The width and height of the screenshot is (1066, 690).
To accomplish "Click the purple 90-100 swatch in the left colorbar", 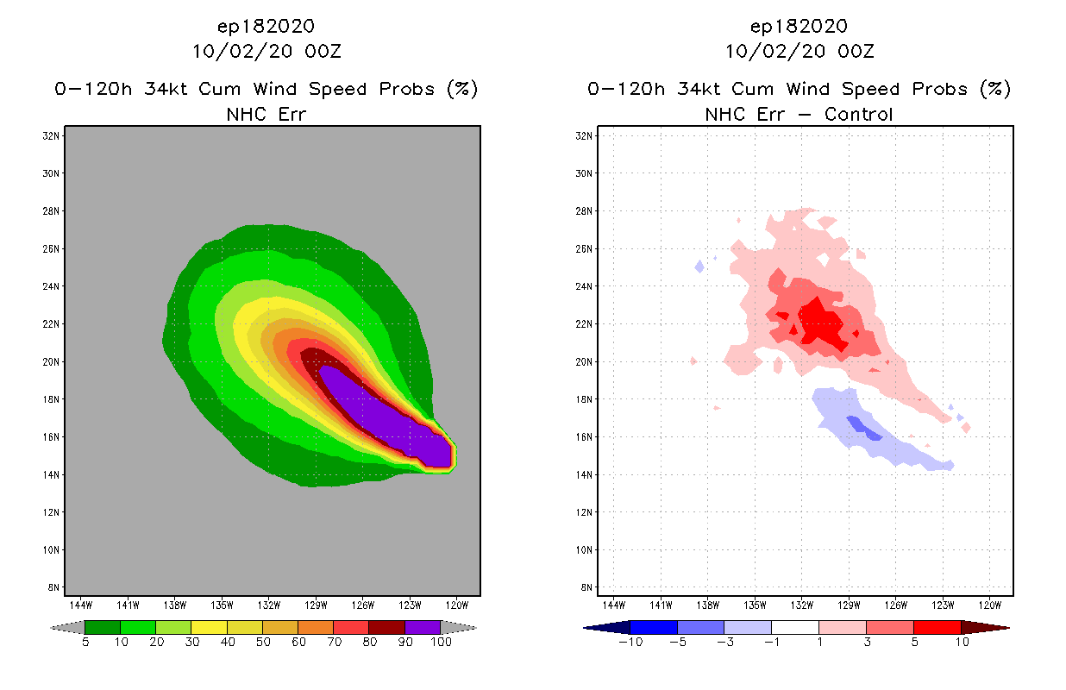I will (x=423, y=627).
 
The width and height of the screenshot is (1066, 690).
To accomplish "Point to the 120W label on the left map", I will (x=457, y=605).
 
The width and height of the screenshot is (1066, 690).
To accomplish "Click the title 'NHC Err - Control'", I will (x=799, y=114).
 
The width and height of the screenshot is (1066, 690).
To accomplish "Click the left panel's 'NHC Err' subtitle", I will (x=266, y=114).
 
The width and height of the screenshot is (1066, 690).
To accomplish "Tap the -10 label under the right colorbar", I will (x=630, y=642).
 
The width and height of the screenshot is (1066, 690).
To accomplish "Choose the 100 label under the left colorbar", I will (x=440, y=642).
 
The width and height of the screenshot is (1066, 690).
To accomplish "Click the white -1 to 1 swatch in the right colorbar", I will (x=794, y=627).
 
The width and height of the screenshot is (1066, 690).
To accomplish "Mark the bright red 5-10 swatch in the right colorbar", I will (x=937, y=627).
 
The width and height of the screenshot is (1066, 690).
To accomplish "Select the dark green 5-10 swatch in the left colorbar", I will (x=103, y=627).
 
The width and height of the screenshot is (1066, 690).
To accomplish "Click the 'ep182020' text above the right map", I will (x=799, y=26).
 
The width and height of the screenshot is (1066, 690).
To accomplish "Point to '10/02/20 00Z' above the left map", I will (x=266, y=51).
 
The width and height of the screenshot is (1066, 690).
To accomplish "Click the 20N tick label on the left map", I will (x=53, y=361).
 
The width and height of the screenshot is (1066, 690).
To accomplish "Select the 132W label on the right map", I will (x=802, y=605).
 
